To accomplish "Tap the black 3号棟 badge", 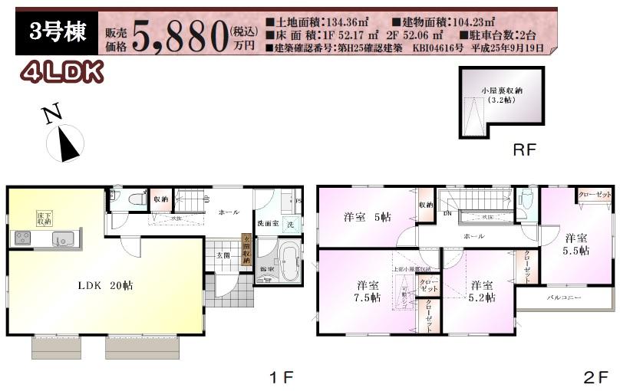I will point(57,34).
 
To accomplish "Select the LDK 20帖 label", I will point(104,285).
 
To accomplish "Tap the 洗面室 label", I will point(267,224).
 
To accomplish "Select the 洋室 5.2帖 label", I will point(483,291).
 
